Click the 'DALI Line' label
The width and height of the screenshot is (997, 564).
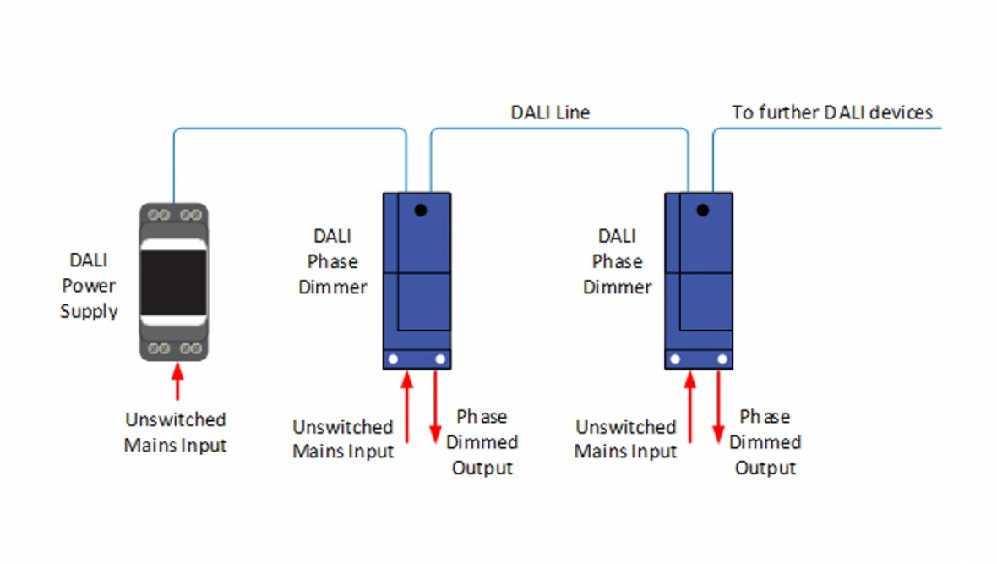coord(549,112)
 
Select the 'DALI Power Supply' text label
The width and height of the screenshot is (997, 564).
coord(89,286)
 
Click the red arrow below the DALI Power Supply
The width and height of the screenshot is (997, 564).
coord(177,380)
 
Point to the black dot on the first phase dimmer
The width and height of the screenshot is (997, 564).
coord(419,210)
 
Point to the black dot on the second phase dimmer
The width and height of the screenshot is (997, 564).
coord(701,210)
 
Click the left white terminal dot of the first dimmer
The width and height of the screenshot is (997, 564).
coord(392,359)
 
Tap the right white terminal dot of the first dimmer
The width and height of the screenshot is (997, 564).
coord(440,359)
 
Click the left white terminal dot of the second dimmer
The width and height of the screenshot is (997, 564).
coord(674,359)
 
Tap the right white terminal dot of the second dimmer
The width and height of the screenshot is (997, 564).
coord(722,359)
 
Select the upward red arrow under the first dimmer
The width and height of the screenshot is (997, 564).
coord(406,407)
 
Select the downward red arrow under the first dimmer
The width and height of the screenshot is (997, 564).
coord(437,407)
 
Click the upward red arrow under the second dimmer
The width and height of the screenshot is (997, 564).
coord(689,407)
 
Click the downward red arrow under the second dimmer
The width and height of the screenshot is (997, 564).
coord(719,407)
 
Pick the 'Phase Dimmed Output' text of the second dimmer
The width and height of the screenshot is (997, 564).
coord(765,442)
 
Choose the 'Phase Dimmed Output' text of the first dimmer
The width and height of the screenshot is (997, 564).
coord(482,442)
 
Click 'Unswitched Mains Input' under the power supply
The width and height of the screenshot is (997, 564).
coord(176,432)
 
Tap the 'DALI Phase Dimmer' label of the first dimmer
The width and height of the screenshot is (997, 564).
coord(332,261)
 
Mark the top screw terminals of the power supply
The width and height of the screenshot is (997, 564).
coord(173,212)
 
